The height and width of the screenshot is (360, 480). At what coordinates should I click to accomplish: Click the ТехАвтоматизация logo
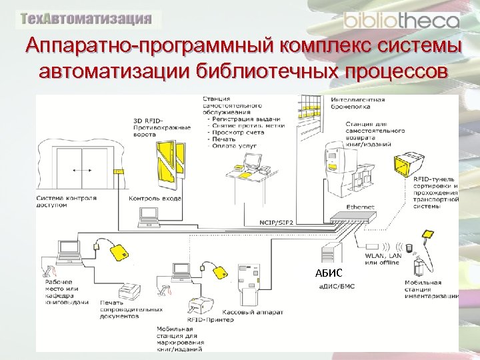(86, 19)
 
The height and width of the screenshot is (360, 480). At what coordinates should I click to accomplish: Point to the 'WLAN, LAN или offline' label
(382, 259)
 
